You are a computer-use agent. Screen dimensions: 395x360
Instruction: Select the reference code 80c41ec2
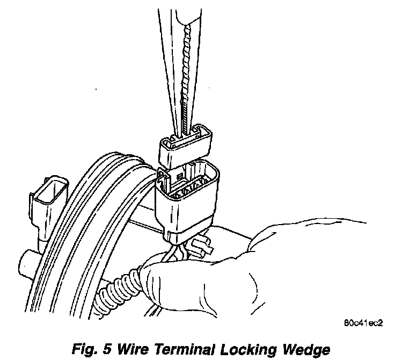(x=365, y=325)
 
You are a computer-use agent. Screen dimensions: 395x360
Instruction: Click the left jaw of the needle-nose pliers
(x=169, y=64)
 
